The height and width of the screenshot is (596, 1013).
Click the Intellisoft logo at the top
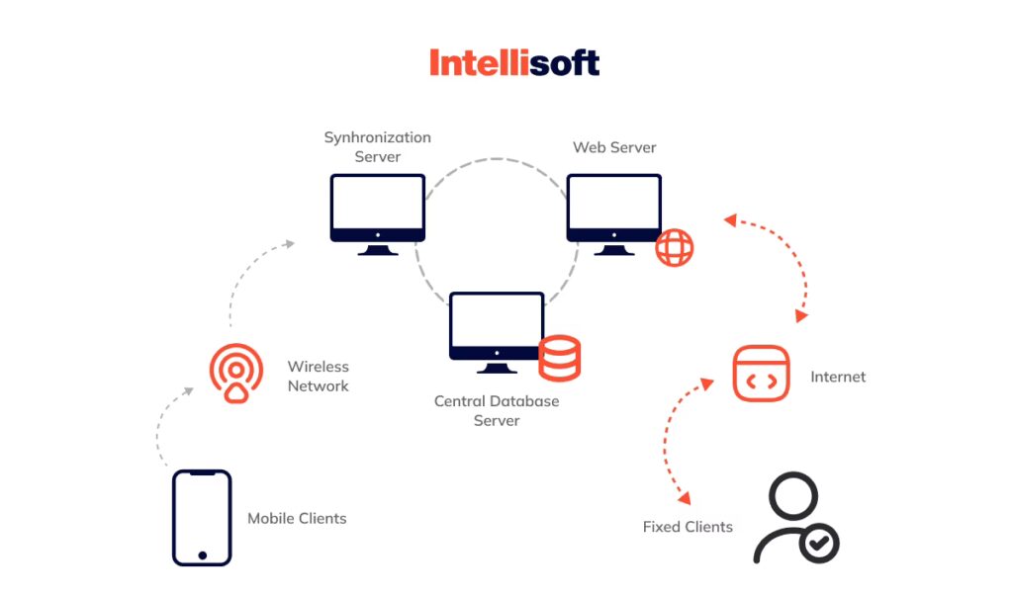514,63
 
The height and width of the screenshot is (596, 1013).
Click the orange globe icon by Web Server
675,247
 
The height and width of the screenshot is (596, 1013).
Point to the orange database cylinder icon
559,358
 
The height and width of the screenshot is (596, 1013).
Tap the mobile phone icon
202,518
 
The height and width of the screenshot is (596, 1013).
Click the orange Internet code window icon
761,374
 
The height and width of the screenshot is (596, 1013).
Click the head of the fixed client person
794,493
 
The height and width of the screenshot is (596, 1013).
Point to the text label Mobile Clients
297,518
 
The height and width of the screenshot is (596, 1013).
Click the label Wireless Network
319,377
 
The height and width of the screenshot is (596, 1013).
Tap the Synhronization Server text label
378,147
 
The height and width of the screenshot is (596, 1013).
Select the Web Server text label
614,147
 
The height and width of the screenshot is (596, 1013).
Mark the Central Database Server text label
497,411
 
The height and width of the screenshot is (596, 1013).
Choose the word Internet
838,377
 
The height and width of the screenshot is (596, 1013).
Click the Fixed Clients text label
688,527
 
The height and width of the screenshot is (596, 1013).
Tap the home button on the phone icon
202,554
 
